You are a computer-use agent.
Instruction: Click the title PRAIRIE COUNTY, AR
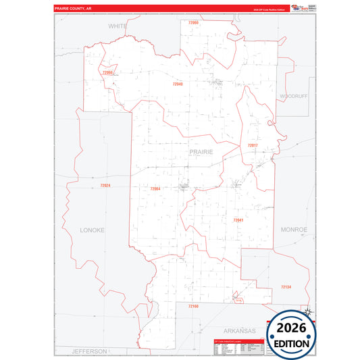pos(76,9)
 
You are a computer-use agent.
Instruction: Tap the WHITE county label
pos(118,26)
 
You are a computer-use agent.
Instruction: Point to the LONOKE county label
pos(93,230)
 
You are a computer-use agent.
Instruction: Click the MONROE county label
pos(294,230)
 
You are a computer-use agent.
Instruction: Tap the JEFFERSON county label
pos(90,351)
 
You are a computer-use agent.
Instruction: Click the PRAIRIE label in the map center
pos(201,152)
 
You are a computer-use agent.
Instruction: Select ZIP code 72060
pos(193,23)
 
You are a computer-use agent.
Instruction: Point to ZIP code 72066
pos(107,72)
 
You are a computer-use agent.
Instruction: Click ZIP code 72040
pos(178,84)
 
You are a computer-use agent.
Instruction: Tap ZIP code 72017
pos(253,145)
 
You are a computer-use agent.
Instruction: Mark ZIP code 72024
pos(105,185)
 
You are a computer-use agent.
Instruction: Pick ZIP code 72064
pos(155,188)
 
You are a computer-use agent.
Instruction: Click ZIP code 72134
pos(286,287)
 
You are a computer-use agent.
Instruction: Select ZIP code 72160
pos(193,306)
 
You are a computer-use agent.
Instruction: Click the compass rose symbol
pos(308,311)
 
